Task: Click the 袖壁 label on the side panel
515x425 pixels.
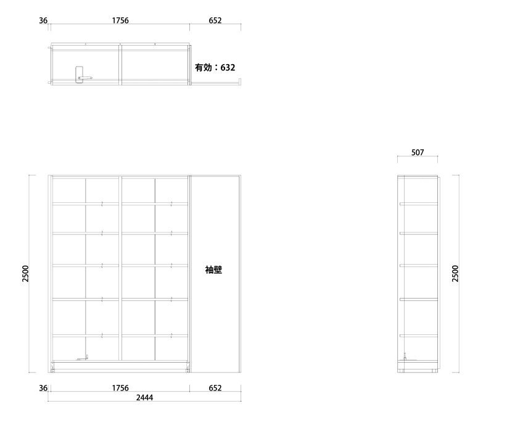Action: click(213, 270)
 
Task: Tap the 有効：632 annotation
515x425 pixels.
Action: click(215, 68)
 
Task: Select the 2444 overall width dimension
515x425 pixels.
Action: click(144, 398)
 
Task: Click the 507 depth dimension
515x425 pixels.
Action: click(418, 152)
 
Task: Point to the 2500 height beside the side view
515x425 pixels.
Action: click(455, 273)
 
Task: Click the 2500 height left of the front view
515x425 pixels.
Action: click(26, 273)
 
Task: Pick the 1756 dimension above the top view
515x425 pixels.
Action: click(120, 20)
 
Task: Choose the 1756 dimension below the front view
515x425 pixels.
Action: click(120, 388)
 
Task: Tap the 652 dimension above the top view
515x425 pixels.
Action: click(215, 20)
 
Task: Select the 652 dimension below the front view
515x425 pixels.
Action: click(215, 388)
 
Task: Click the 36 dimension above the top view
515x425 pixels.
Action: click(43, 20)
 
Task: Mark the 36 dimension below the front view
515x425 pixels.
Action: click(43, 388)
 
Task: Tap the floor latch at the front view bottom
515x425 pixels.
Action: click(83, 358)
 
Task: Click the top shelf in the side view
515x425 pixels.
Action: click(419, 204)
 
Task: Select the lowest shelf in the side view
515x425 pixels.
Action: click(419, 336)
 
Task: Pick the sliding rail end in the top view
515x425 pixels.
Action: click(240, 82)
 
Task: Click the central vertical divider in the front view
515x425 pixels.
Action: click(120, 270)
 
